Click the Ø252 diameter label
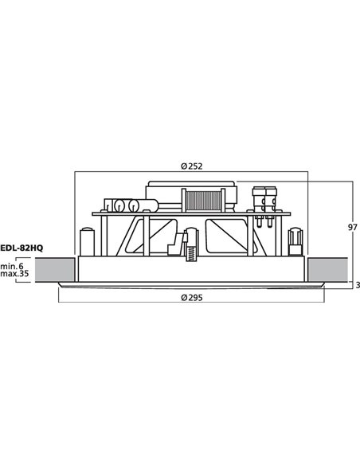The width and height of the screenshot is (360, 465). coord(190,166)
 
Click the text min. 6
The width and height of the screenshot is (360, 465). coord(14,265)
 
